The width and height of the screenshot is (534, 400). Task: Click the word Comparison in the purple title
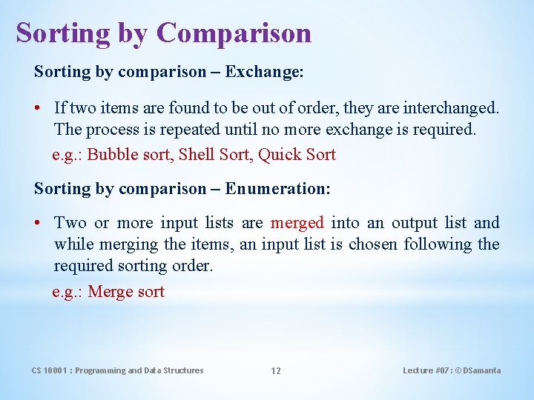click(234, 33)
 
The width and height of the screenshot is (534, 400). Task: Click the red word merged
click(297, 223)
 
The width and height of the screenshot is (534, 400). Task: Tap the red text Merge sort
click(126, 292)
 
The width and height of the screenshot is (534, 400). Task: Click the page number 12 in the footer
click(275, 371)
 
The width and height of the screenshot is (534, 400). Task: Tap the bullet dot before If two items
click(38, 108)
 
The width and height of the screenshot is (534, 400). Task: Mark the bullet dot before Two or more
click(38, 223)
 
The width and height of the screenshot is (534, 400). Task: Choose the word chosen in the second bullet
click(374, 244)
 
